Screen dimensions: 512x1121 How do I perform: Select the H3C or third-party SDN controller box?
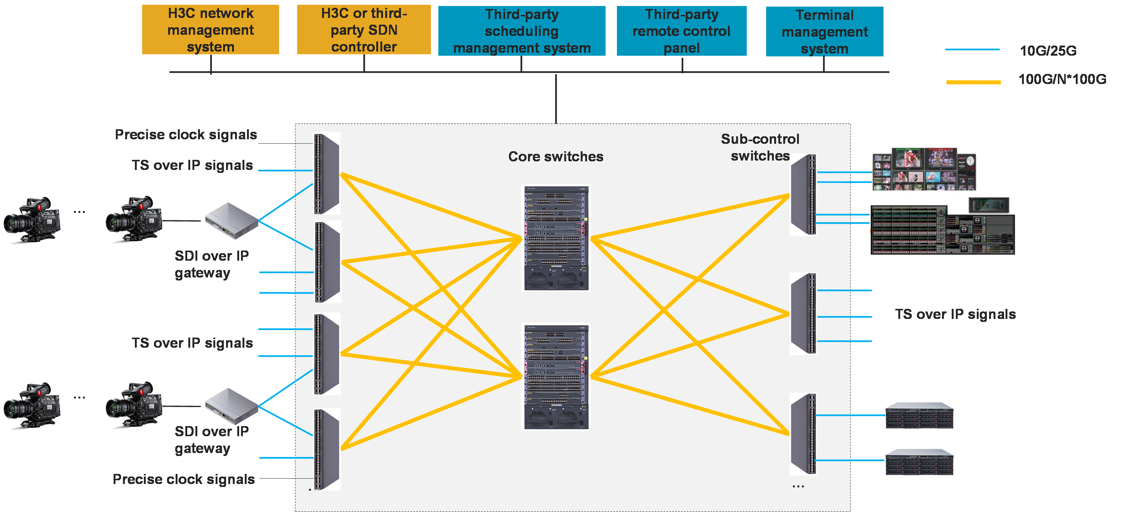(x=364, y=30)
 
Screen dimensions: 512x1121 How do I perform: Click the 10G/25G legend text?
(x=1048, y=51)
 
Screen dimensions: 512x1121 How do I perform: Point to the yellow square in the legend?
(x=973, y=101)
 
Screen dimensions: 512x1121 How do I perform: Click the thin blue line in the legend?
(x=972, y=50)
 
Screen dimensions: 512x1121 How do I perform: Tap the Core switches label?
(x=556, y=156)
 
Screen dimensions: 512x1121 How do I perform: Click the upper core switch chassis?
(x=556, y=238)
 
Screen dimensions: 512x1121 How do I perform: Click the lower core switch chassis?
(x=556, y=377)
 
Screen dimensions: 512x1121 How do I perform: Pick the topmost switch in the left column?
(x=326, y=174)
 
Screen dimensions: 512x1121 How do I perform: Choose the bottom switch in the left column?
(x=326, y=449)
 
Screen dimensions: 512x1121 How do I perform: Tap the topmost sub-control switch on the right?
(x=803, y=195)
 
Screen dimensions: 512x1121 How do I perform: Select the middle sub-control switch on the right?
(x=803, y=313)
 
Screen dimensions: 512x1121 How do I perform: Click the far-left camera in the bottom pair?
(x=31, y=406)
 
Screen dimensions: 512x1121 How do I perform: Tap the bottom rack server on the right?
(x=919, y=462)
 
